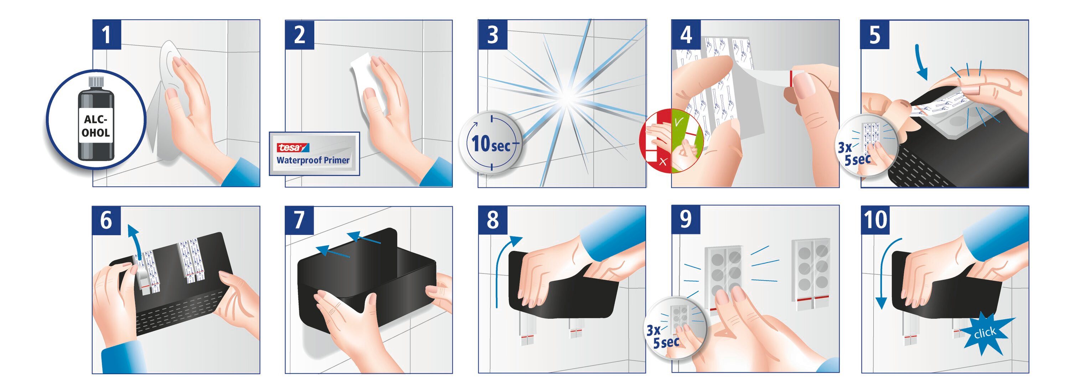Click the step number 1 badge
click(107, 35)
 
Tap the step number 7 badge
click(299, 220)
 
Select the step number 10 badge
click(876, 220)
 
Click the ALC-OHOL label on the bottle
click(96, 126)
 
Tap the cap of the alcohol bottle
click(96, 82)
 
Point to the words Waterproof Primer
click(313, 160)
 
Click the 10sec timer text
click(491, 144)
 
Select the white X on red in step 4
click(663, 161)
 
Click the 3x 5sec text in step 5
click(856, 154)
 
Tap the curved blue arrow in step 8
click(504, 265)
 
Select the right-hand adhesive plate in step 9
click(810, 274)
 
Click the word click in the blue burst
click(985, 333)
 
